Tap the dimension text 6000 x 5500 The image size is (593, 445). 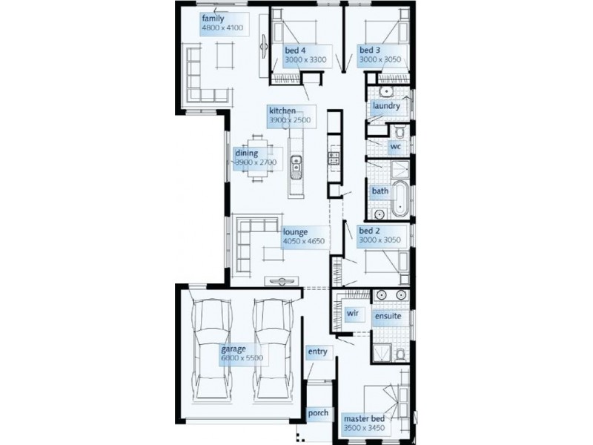coord(242,358)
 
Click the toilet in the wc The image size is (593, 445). coord(400,133)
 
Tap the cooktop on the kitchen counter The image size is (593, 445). coord(334,156)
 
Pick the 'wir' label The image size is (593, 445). coord(352,314)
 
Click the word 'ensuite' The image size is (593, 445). coord(388,316)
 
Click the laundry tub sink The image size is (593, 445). coord(385,93)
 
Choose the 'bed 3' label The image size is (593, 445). coord(369,50)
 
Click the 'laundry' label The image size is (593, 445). coord(387,106)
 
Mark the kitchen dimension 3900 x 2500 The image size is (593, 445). coord(290,119)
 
